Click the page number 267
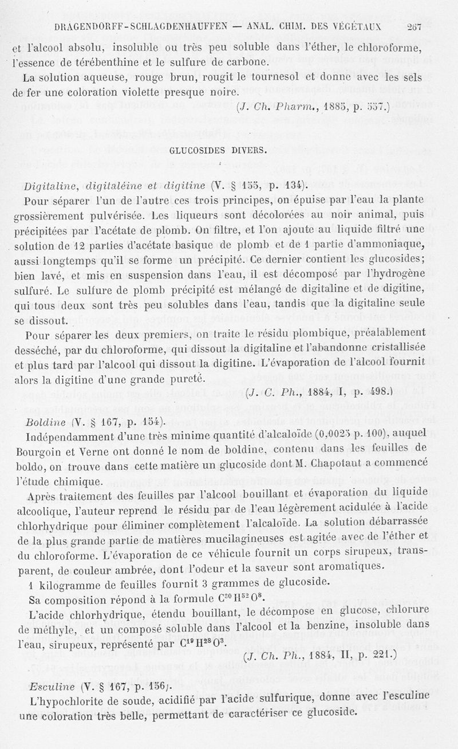[413, 26]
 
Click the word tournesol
[221, 77]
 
